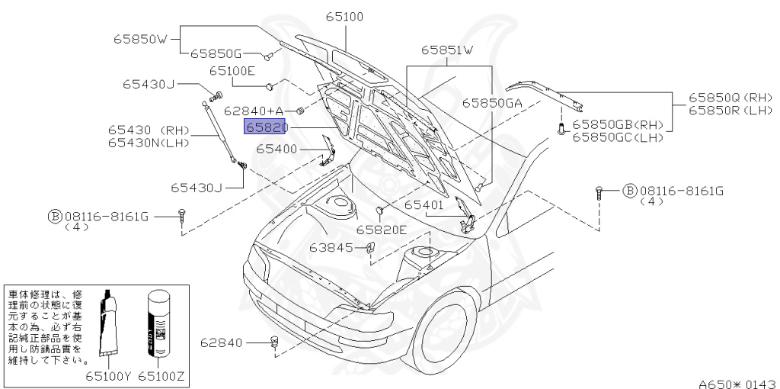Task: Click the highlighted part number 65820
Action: click(x=265, y=127)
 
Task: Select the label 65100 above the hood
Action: click(x=344, y=16)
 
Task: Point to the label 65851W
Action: click(x=447, y=50)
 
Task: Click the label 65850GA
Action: click(x=492, y=102)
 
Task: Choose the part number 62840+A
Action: click(x=254, y=110)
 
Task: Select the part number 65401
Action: click(x=423, y=204)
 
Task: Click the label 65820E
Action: click(x=382, y=230)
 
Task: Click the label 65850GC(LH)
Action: click(x=618, y=137)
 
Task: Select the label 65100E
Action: click(x=232, y=71)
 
